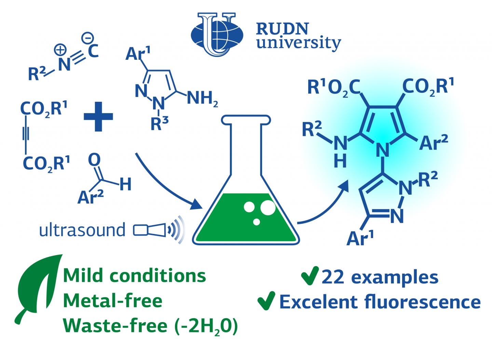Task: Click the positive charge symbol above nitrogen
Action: point(60,50)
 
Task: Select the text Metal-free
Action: point(113,301)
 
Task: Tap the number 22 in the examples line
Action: point(333,277)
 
